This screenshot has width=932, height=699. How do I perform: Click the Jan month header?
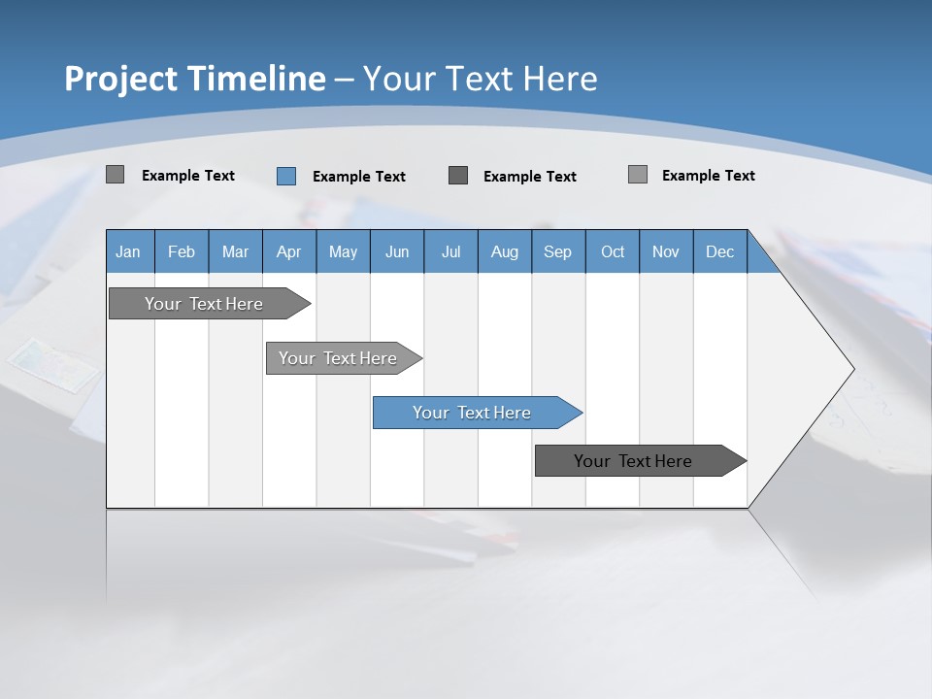pyautogui.click(x=128, y=251)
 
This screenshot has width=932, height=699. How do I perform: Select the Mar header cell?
pyautogui.click(x=235, y=251)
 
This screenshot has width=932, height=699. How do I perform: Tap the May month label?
pyautogui.click(x=343, y=251)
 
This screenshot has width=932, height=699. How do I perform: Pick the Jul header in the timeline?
pyautogui.click(x=450, y=251)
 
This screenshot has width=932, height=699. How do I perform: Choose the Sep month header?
pyautogui.click(x=557, y=251)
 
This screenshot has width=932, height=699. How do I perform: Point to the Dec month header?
pyautogui.click(x=719, y=251)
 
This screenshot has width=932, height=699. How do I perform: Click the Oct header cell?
pyautogui.click(x=612, y=251)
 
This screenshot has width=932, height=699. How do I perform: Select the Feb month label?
pyautogui.click(x=182, y=251)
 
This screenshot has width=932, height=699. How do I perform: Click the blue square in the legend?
pyautogui.click(x=286, y=176)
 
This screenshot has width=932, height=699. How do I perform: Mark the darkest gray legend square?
pyautogui.click(x=458, y=176)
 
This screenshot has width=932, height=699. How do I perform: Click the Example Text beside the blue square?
pyautogui.click(x=359, y=177)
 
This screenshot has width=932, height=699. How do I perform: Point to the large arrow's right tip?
pyautogui.click(x=852, y=369)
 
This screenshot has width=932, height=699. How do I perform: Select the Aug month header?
pyautogui.click(x=504, y=251)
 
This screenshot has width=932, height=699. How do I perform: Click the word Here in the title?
pyautogui.click(x=560, y=79)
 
